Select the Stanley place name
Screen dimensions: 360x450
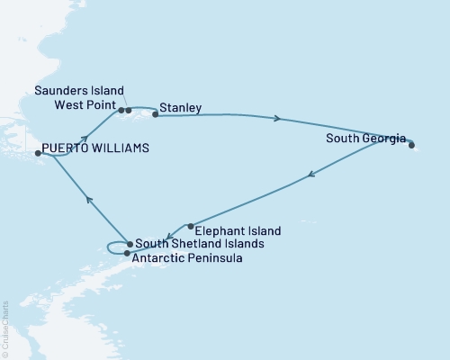point(180,108)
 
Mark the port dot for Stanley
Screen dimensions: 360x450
point(156,114)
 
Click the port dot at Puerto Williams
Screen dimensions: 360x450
point(38,154)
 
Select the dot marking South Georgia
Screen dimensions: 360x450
point(410,145)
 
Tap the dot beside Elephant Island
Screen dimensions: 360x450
point(191,226)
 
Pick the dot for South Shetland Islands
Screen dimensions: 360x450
point(130,244)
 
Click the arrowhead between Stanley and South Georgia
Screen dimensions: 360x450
point(277,118)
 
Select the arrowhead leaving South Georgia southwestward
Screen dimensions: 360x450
point(311,176)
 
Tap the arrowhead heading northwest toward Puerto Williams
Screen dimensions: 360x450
point(88,200)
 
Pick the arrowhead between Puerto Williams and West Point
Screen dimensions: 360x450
point(86,139)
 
